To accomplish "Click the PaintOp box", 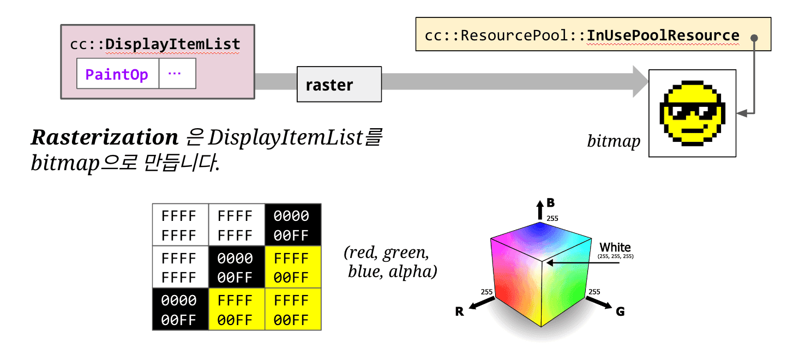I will point(117,74).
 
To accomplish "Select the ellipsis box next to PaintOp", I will point(177,74).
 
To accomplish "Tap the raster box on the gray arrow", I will point(339,85).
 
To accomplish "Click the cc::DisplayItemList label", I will point(155,44).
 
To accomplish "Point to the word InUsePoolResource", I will point(663,35).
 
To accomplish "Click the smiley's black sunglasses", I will point(692,112).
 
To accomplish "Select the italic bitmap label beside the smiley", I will point(614,142).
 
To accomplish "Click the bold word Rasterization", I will point(104,138).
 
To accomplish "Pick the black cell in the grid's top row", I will point(292,225).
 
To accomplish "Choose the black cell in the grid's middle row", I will point(237,267).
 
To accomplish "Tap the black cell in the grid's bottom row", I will point(180,309).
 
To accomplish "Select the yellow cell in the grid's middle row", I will point(292,267).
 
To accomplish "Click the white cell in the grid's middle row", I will point(180,267).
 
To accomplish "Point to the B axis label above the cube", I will point(550,203).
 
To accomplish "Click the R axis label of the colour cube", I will point(460,312).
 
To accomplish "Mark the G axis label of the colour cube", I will point(620,311).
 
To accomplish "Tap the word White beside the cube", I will point(615,248).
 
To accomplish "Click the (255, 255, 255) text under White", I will point(616,256).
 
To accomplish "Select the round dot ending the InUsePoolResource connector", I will point(754,38).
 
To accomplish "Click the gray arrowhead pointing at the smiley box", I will point(640,81).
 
